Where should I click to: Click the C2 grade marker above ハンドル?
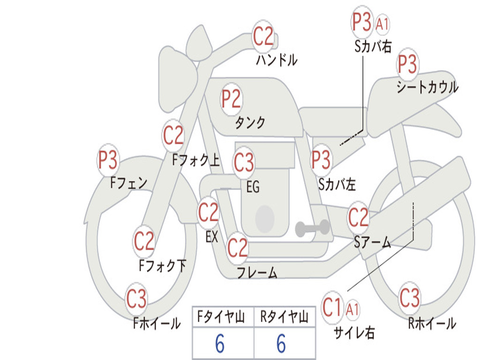click(263, 36)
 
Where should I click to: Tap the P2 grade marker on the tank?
click(232, 99)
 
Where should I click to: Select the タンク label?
click(250, 122)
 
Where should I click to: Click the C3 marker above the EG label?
click(244, 162)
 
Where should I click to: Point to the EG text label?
click(253, 187)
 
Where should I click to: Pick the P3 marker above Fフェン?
click(108, 160)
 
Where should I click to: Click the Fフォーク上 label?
click(196, 160)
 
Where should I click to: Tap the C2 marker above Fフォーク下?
click(144, 240)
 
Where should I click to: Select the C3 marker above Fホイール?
click(136, 298)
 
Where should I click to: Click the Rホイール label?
click(432, 323)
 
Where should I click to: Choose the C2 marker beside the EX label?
click(209, 212)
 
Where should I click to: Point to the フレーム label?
click(257, 272)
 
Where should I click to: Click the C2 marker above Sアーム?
click(358, 217)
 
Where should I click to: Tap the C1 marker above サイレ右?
click(332, 307)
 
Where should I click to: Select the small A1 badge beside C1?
click(352, 309)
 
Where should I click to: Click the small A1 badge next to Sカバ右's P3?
click(382, 24)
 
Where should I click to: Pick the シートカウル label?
click(427, 87)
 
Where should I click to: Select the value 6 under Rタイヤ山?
click(281, 344)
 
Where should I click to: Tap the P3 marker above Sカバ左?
click(322, 160)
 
